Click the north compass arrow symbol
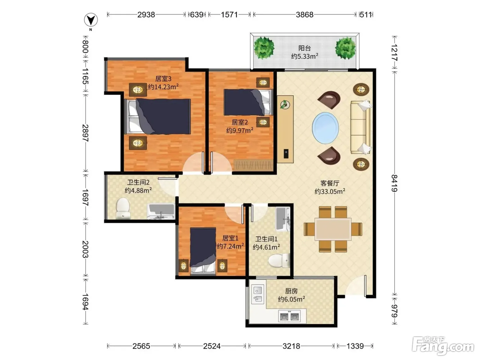[x=91, y=20]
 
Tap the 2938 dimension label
[x=146, y=15]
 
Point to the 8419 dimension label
[x=394, y=183]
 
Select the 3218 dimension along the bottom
[x=291, y=346]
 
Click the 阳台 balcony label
[x=304, y=48]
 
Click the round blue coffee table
[x=325, y=128]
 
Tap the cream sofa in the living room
[x=361, y=127]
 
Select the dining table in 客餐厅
[x=333, y=229]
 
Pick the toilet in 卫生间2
[x=123, y=208]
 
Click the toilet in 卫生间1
[x=279, y=260]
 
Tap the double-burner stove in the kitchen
[x=289, y=316]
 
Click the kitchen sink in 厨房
[x=257, y=295]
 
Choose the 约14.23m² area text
[x=163, y=87]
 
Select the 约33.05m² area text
[x=330, y=191]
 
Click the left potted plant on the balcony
[x=264, y=48]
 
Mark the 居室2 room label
[x=240, y=122]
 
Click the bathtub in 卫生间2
[x=161, y=211]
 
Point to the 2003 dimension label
[x=85, y=249]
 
